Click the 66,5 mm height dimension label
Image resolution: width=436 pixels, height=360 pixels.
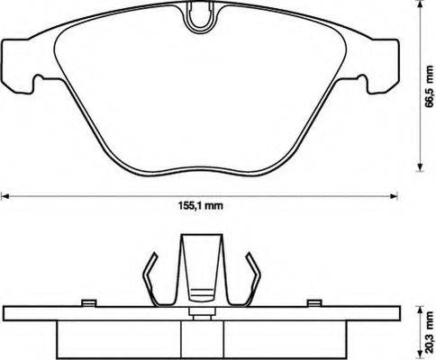[429, 88]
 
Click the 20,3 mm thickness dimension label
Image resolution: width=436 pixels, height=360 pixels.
[429, 332]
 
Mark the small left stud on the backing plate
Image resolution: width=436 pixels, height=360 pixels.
[88, 302]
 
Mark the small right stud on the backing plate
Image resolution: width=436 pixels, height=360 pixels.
[312, 302]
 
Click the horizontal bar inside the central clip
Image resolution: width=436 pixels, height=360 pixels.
[200, 290]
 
